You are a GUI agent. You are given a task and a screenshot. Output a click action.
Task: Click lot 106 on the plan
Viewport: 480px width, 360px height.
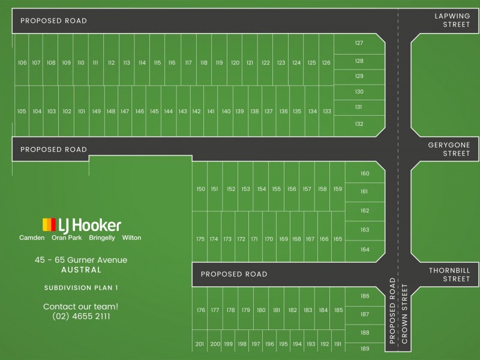[x=22, y=62]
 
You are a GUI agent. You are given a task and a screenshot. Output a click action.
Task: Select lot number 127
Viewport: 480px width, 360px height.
[x=359, y=43]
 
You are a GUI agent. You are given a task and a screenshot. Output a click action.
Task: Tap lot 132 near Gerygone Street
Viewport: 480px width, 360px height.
[x=359, y=124]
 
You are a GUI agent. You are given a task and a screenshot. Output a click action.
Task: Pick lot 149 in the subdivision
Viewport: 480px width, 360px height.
[x=96, y=111]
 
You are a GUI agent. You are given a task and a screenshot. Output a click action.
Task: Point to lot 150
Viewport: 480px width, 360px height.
[x=200, y=189]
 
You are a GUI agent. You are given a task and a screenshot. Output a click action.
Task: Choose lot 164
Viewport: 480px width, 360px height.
[x=365, y=250]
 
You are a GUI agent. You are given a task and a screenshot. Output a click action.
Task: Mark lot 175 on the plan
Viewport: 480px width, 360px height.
[x=200, y=239]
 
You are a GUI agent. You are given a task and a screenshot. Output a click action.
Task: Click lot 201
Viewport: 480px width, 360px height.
[x=200, y=344]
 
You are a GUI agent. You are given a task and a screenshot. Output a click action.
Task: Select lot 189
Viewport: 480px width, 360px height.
[x=365, y=349]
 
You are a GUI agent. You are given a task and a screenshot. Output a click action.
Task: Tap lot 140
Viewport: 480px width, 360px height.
[x=226, y=111]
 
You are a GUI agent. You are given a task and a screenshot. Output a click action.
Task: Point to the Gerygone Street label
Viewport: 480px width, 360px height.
[x=452, y=149]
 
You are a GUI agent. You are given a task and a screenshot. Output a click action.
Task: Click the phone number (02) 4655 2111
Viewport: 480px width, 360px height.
[x=81, y=316]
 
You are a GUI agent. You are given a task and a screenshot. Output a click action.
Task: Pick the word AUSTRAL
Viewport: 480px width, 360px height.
[x=81, y=270]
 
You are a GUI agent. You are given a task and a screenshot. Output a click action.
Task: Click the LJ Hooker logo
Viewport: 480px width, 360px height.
[x=82, y=225]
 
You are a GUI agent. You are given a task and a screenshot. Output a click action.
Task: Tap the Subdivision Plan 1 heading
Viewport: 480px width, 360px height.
[x=81, y=288]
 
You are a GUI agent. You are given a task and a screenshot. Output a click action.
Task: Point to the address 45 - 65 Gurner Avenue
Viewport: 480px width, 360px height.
[x=81, y=260]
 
